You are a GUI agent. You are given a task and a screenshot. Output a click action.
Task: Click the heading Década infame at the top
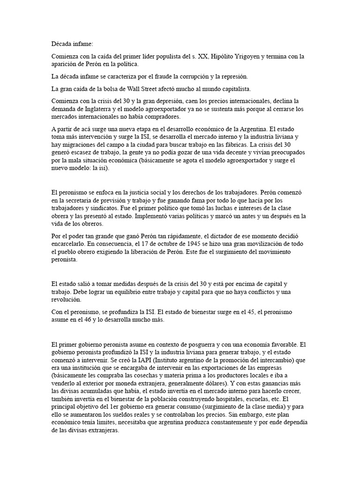(x=73, y=44)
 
